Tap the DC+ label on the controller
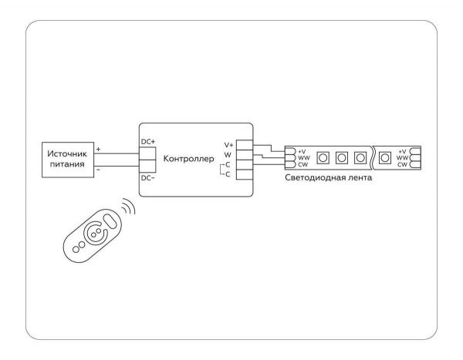148,140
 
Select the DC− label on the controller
148,178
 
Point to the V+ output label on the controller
228,145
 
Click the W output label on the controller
228,155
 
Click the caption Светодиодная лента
329,179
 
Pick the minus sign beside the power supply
97,168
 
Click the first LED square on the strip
323,158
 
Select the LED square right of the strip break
384,158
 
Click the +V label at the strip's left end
302,151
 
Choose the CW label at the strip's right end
402,165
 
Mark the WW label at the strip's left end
302,158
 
